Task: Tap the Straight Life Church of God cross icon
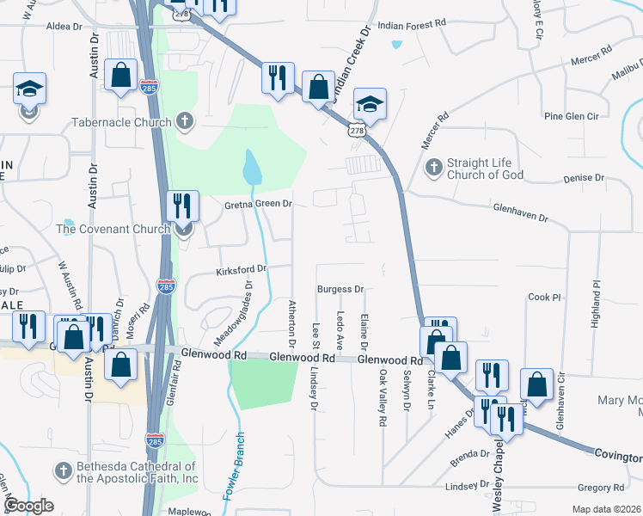[x=434, y=165]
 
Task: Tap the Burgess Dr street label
[x=340, y=289]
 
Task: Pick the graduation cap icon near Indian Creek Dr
[x=370, y=103]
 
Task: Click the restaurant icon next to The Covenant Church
[x=182, y=206]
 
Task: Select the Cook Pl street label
[x=544, y=297]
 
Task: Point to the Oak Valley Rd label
[x=382, y=398]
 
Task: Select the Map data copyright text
[x=605, y=508]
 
